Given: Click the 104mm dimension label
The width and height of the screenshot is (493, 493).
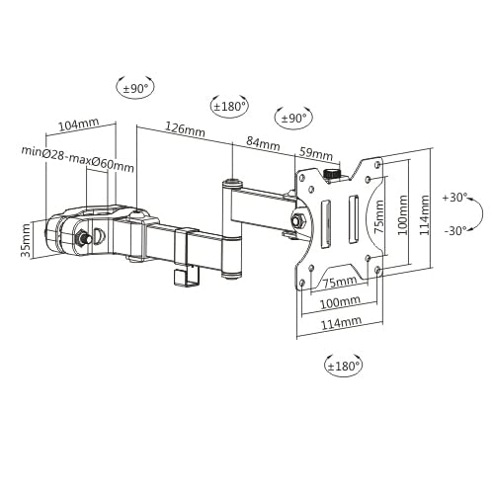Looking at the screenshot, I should pos(79,125).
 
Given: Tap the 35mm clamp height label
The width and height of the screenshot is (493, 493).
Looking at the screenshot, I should pos(27,238).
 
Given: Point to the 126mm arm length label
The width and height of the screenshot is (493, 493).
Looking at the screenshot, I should pos(185,130).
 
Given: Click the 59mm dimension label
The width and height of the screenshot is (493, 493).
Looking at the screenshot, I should pos(316,153).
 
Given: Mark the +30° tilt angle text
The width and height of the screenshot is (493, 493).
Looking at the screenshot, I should pos(455,197).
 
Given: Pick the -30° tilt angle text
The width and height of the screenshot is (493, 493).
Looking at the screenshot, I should pos(455,232).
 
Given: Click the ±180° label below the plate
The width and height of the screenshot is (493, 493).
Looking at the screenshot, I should pos(343,366).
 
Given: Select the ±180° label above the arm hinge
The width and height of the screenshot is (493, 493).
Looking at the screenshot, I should pos(229,106).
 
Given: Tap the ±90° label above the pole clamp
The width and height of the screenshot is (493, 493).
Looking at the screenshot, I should pos(134,88).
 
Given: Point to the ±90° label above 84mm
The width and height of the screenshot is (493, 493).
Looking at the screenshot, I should pos(293,118).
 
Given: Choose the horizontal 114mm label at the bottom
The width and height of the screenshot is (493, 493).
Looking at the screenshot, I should pos(339,322).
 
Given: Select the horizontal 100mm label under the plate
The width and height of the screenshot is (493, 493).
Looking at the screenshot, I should pos(339,301).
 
